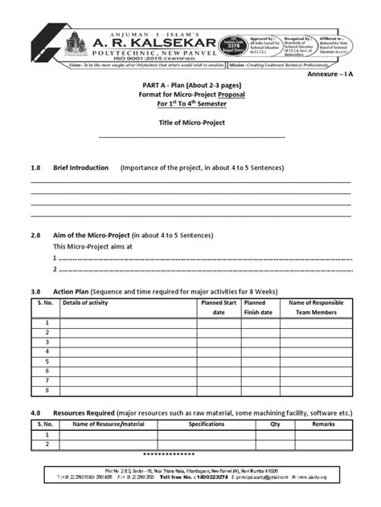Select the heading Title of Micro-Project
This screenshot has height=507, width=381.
click(x=190, y=123)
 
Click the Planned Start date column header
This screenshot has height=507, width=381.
click(x=218, y=307)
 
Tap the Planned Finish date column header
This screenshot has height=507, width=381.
click(x=258, y=307)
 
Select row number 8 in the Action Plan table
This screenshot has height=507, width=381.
click(x=47, y=390)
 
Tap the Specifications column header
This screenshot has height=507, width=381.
click(x=206, y=424)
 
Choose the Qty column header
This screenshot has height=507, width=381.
click(x=275, y=424)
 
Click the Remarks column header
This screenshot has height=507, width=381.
click(x=323, y=424)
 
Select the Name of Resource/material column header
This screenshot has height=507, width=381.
click(x=108, y=424)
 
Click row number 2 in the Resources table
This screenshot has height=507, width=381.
click(x=47, y=444)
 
